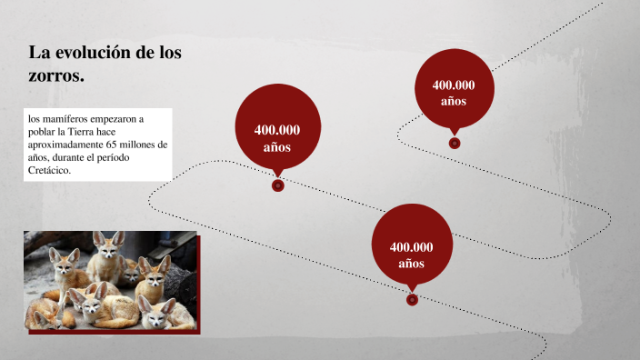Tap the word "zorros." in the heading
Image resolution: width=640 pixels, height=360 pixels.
pyautogui.click(x=56, y=76)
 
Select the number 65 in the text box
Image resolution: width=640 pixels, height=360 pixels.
pyautogui.click(x=114, y=145)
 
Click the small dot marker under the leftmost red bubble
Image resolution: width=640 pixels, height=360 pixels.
pyautogui.click(x=278, y=185)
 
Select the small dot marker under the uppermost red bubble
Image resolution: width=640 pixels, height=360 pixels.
pyautogui.click(x=455, y=143)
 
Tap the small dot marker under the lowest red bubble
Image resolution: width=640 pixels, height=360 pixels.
pyautogui.click(x=412, y=298)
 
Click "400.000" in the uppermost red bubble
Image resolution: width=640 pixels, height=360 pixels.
pyautogui.click(x=454, y=85)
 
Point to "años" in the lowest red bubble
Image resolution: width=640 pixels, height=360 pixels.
pyautogui.click(x=411, y=264)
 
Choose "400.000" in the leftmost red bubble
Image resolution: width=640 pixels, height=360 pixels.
pyautogui.click(x=277, y=129)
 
